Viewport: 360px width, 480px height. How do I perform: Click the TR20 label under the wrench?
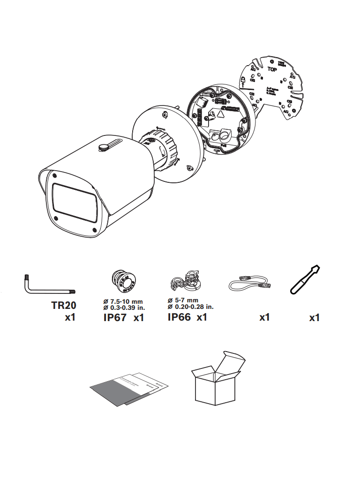[x=63, y=305]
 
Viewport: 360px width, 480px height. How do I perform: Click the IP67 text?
[x=115, y=318]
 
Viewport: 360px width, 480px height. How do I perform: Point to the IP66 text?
[x=179, y=317]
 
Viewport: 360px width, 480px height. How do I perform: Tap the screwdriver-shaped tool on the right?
[x=305, y=280]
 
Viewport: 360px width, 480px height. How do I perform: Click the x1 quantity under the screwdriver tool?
[x=315, y=318]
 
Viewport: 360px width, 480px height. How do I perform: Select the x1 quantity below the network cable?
[x=264, y=318]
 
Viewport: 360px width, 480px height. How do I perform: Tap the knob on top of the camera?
[x=104, y=147]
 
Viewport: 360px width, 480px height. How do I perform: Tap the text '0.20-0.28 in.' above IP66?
[x=193, y=307]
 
